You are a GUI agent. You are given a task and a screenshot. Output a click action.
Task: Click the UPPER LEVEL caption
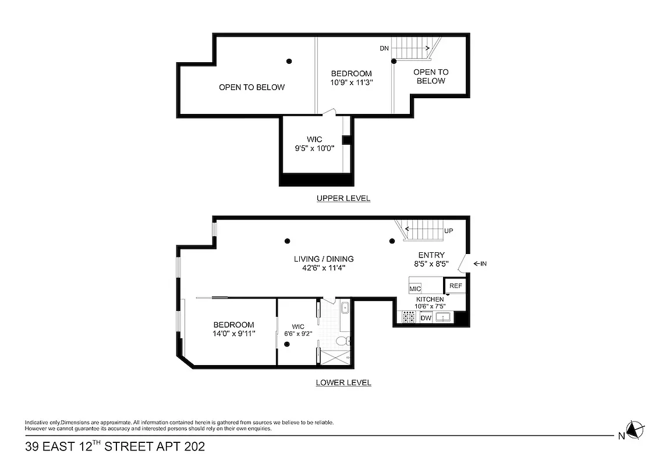[343, 198]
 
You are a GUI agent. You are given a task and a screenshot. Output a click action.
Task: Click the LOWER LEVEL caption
[343, 382]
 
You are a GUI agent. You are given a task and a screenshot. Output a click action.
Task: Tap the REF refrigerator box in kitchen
[456, 286]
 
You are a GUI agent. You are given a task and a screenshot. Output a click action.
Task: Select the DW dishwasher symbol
[426, 318]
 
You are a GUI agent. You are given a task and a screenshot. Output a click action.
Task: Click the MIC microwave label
[415, 289]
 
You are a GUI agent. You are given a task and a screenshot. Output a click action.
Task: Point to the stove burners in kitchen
[409, 317]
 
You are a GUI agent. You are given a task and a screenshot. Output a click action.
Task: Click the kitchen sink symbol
[444, 317]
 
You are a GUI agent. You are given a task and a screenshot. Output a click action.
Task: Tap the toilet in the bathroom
[343, 341]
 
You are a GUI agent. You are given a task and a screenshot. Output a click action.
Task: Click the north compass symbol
[635, 430]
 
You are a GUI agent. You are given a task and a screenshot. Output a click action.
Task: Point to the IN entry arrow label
[480, 264]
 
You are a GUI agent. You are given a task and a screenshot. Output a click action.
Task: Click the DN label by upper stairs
[384, 49]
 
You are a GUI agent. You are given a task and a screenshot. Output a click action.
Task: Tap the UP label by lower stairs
[448, 231]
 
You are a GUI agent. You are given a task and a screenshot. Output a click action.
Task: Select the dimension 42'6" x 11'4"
[324, 268]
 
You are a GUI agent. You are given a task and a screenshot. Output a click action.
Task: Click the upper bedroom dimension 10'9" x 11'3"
[351, 83]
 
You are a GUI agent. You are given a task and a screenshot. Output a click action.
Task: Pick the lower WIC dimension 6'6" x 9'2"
[298, 334]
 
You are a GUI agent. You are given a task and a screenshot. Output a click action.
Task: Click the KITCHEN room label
[430, 299]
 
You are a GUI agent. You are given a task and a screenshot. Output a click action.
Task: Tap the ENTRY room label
[431, 255]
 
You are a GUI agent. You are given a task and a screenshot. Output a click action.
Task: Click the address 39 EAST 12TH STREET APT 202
[115, 447]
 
